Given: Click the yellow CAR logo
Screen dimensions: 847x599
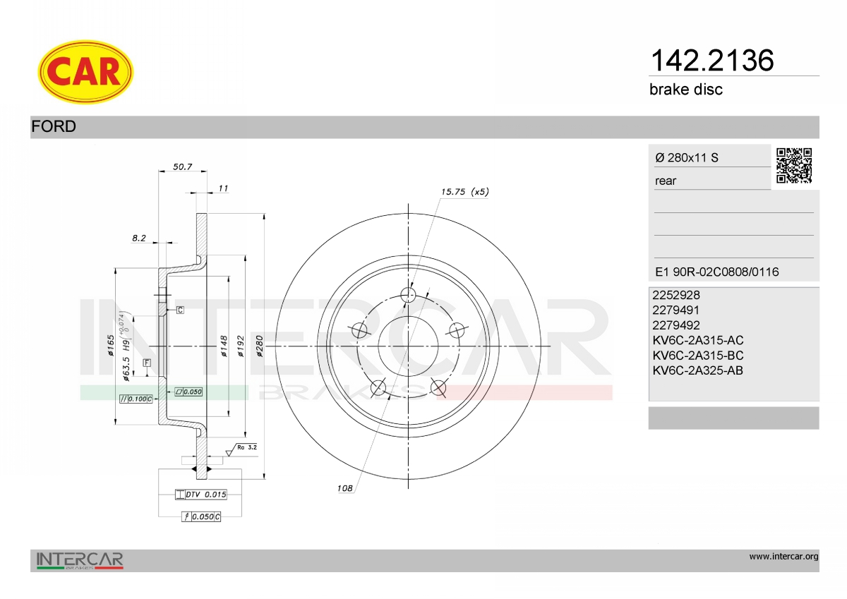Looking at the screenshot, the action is (85, 72).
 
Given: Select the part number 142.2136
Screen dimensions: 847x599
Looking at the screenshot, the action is (712, 61).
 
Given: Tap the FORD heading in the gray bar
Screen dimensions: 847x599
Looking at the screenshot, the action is (54, 126).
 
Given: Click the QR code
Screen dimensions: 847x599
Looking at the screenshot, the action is (793, 166).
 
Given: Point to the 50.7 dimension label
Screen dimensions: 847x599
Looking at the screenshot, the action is (183, 167).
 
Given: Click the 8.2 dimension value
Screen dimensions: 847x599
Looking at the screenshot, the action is (139, 238).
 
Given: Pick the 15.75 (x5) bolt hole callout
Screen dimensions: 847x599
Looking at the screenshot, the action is (464, 192).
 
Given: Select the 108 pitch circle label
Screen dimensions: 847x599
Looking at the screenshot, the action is (344, 488).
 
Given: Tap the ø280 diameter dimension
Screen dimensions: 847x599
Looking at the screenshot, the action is (260, 346).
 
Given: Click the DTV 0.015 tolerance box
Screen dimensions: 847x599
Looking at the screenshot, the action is (200, 495).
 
